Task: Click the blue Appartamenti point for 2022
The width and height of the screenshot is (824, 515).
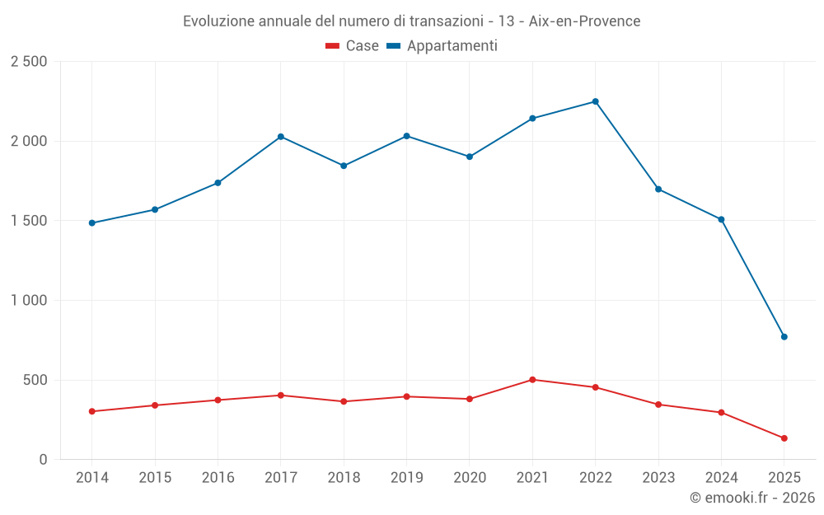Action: click(595, 101)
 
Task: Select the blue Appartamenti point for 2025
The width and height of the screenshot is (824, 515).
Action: click(784, 337)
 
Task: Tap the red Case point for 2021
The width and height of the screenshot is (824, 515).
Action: click(532, 380)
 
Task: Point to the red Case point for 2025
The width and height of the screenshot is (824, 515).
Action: click(784, 438)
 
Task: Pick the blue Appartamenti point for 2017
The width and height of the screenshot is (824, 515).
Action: click(280, 137)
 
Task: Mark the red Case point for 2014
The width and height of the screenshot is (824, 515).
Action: click(91, 411)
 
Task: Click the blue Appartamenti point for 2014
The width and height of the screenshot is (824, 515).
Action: click(91, 223)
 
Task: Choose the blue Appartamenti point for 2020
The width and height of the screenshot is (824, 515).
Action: click(470, 157)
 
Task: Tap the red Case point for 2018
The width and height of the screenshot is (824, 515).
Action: click(344, 401)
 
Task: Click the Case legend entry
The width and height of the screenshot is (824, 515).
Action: click(353, 46)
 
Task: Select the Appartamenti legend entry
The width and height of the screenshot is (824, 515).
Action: click(442, 46)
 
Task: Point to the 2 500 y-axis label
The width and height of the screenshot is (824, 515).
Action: click(29, 62)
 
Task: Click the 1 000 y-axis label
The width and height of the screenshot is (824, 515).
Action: click(29, 301)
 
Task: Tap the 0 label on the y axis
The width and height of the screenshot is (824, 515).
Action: click(43, 460)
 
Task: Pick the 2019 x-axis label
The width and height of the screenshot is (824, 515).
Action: click(406, 478)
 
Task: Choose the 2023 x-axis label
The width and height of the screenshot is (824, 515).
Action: click(658, 478)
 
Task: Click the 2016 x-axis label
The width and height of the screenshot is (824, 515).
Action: click(218, 478)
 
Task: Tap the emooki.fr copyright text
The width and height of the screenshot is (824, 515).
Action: click(751, 498)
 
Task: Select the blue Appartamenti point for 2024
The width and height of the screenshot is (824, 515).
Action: click(721, 219)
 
